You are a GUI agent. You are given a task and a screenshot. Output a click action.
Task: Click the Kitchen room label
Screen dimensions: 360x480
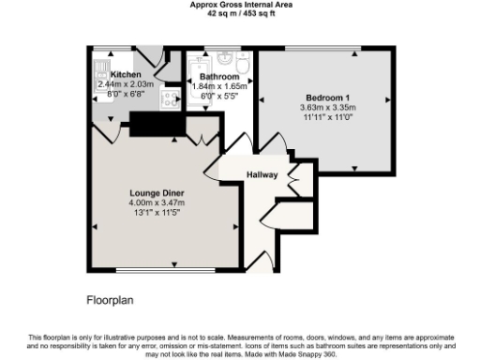pyautogui.click(x=126, y=74)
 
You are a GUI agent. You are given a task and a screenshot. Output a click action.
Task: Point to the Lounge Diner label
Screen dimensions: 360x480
pyautogui.click(x=157, y=192)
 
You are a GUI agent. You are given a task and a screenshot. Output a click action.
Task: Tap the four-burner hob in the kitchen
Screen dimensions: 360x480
pyautogui.click(x=171, y=98)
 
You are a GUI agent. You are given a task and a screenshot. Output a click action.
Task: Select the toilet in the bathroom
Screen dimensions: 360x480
pyautogui.click(x=241, y=65)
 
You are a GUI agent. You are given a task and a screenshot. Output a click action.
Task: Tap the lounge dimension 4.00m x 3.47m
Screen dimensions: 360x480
pyautogui.click(x=157, y=202)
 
